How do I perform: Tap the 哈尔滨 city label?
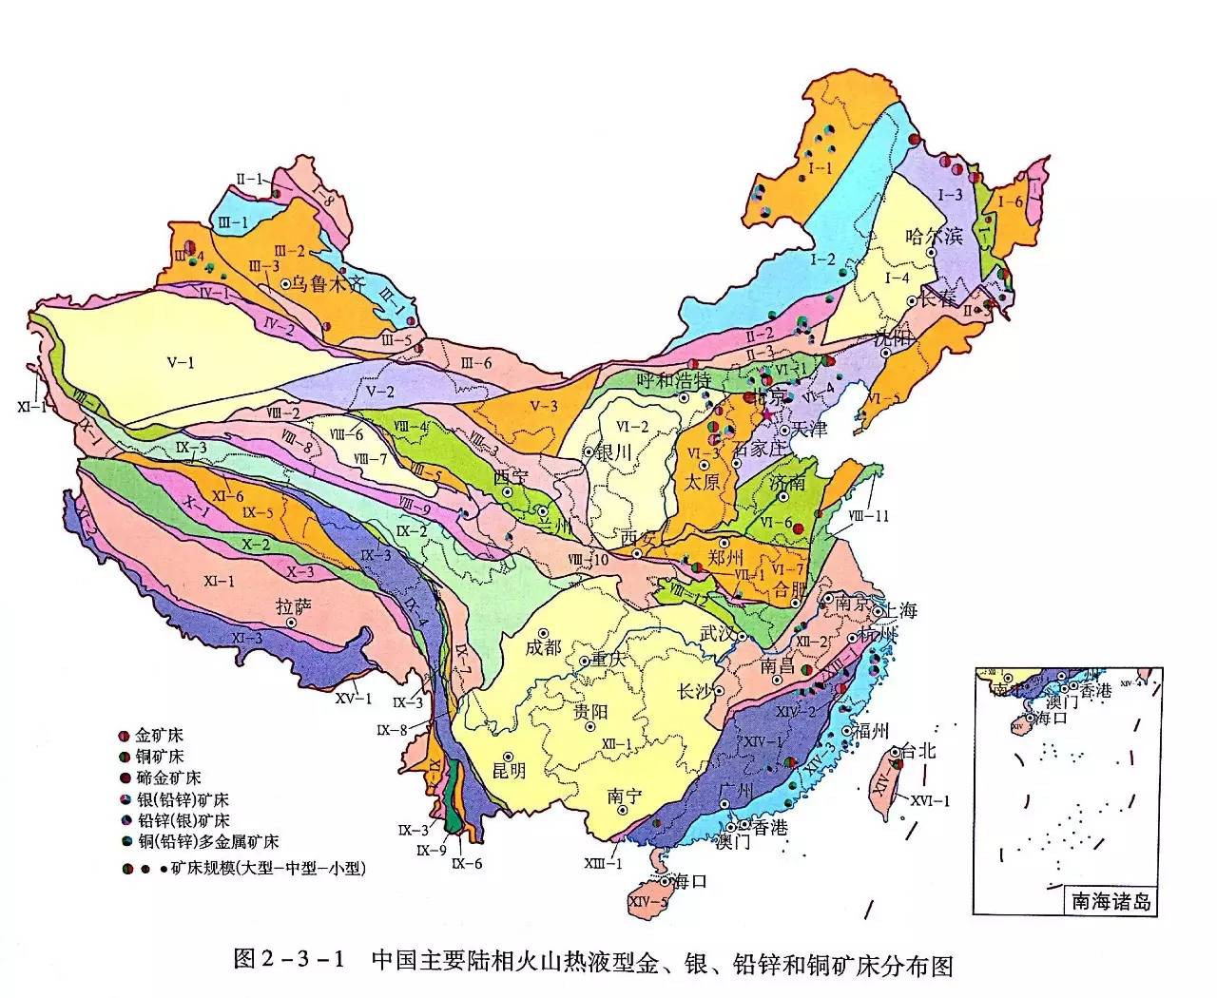pyautogui.click(x=935, y=236)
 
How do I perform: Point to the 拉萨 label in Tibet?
pyautogui.click(x=293, y=605)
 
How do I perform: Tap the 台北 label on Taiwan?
pyautogui.click(x=918, y=750)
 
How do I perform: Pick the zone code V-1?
pyautogui.click(x=181, y=362)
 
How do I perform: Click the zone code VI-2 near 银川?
pyautogui.click(x=631, y=427)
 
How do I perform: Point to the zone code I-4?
pyautogui.click(x=898, y=278)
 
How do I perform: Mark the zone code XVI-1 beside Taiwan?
pyautogui.click(x=930, y=800)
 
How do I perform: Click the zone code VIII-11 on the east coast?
pyautogui.click(x=868, y=516)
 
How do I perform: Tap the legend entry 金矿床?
pyautogui.click(x=159, y=736)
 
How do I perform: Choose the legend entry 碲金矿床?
pyautogui.click(x=165, y=777)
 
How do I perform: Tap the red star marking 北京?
pyautogui.click(x=768, y=416)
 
